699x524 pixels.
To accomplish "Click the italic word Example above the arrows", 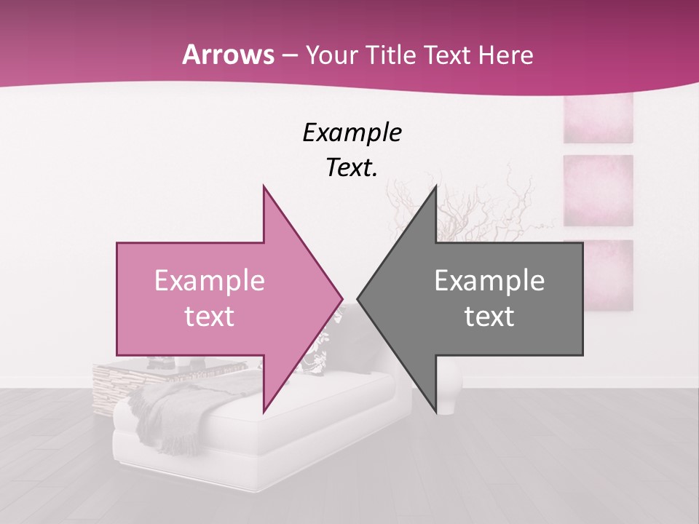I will pyautogui.click(x=352, y=132).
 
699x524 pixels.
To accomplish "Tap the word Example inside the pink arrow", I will pyautogui.click(x=210, y=280).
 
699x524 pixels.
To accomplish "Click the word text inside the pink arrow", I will pyautogui.click(x=210, y=316).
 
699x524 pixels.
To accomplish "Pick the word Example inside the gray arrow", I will pyautogui.click(x=489, y=280).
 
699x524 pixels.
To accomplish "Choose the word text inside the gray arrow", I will pyautogui.click(x=489, y=316).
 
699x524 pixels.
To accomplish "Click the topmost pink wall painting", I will pyautogui.click(x=598, y=118).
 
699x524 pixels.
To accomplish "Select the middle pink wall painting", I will pyautogui.click(x=598, y=190).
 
